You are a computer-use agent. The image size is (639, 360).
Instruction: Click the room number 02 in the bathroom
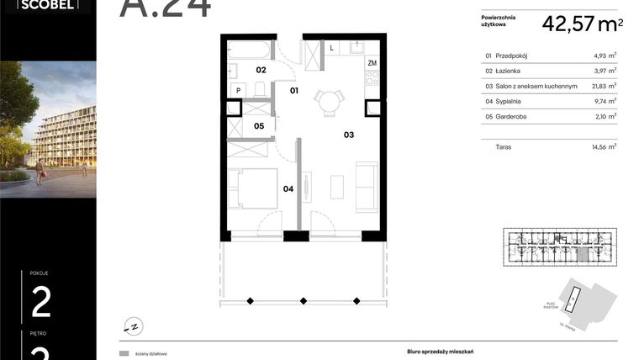pos(261,70)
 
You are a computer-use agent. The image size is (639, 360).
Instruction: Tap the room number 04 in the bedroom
pos(288,188)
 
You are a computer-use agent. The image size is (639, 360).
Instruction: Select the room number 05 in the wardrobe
pos(260,126)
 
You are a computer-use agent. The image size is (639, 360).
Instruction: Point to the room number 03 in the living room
pos(348,133)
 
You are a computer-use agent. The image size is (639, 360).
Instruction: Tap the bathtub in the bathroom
pos(251,49)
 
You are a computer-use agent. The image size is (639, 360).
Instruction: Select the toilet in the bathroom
pos(261,89)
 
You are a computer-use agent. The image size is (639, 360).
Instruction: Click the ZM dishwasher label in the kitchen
pos(371,63)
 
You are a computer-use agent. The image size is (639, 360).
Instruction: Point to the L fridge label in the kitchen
pos(331,48)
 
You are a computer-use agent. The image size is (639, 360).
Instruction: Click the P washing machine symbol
pos(238,89)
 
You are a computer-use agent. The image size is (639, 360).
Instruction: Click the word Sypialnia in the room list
pos(510,100)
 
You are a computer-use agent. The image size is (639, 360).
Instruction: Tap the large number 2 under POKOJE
pos(40,301)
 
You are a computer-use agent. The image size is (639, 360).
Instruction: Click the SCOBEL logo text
pos(46,4)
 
